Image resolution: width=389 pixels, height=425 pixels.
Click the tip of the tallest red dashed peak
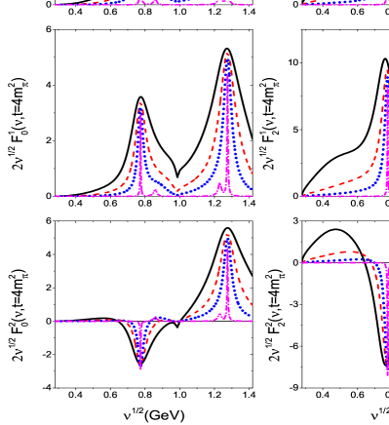pos(227,54)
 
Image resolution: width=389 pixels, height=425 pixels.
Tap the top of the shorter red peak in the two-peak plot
pos(141,103)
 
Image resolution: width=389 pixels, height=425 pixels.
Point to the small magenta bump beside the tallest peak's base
pos(220,183)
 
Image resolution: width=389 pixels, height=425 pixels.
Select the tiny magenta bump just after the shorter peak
pos(156,191)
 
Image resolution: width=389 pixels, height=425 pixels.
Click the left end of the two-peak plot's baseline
pos(56,195)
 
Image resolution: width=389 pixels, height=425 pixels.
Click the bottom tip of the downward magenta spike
pos(141,367)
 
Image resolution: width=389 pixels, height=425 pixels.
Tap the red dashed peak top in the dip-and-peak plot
pos(227,235)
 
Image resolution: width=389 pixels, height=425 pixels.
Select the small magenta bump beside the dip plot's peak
pos(220,315)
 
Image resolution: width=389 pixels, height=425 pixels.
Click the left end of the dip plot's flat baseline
pos(56,321)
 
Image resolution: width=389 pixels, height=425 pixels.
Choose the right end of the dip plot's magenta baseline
pos(253,321)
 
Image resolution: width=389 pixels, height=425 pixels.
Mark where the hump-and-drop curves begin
pos(303,262)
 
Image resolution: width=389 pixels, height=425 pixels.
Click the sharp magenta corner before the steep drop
pos(381,265)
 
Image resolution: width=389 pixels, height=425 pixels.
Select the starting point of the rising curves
pos(303,195)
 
